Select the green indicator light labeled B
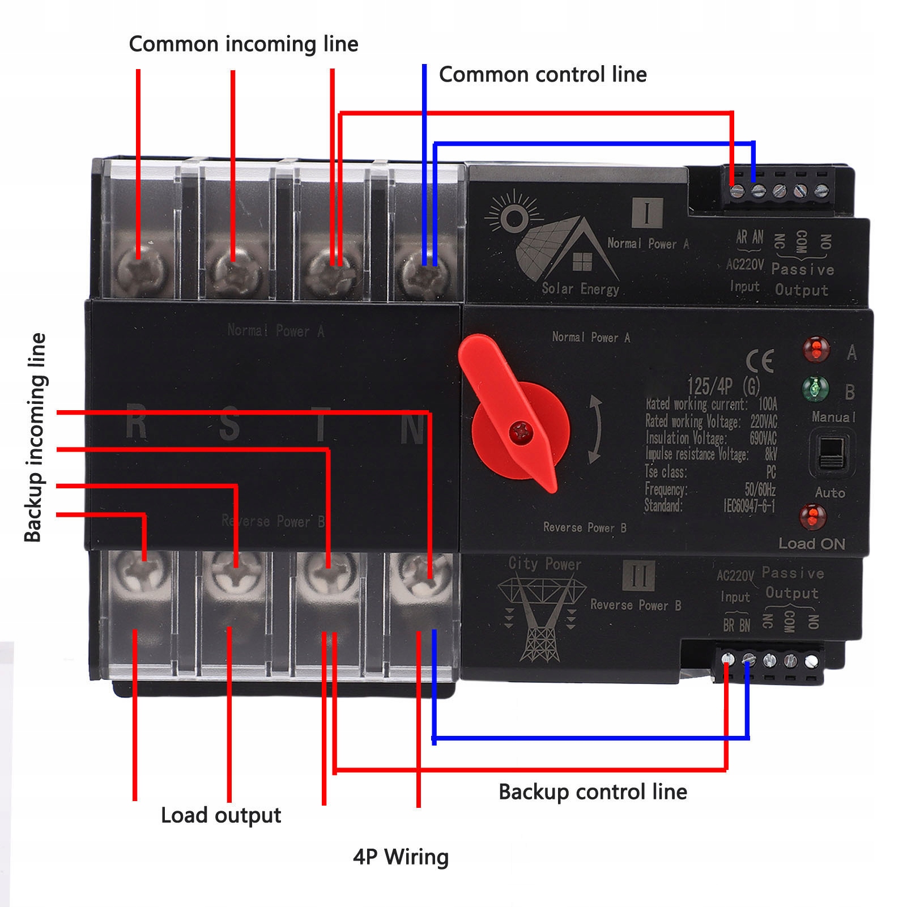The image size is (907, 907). pyautogui.click(x=815, y=389)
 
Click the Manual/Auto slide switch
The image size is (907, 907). pyautogui.click(x=831, y=453)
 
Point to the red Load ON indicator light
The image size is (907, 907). pyautogui.click(x=812, y=516)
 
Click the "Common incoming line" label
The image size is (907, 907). pyautogui.click(x=244, y=44)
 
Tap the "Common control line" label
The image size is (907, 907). pyautogui.click(x=543, y=74)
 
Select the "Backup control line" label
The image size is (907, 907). pyautogui.click(x=593, y=791)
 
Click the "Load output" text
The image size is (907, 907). pyautogui.click(x=221, y=815)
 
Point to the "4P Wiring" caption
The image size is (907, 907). pyautogui.click(x=401, y=857)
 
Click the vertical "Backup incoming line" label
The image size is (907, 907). pyautogui.click(x=35, y=437)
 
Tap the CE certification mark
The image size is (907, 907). pyautogui.click(x=760, y=361)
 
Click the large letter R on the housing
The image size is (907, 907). pyautogui.click(x=137, y=422)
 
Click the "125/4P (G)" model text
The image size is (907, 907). pyautogui.click(x=723, y=386)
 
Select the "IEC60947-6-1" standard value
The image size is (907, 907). pyautogui.click(x=749, y=505)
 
